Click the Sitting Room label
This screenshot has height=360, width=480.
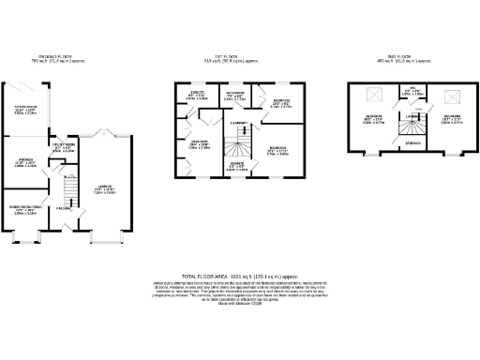(26, 109)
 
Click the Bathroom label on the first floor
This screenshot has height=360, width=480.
(235, 95)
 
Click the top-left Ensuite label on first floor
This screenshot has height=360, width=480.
(197, 95)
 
